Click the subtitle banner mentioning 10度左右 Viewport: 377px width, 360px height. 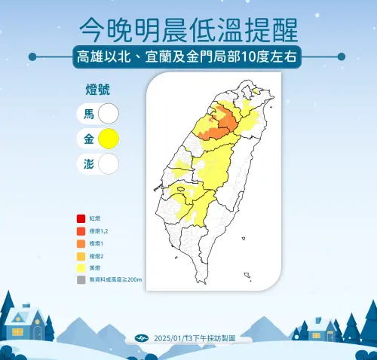pyautogui.click(x=188, y=56)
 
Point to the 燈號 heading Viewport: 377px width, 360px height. pyautogui.click(x=99, y=90)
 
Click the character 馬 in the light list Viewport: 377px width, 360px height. pyautogui.click(x=88, y=114)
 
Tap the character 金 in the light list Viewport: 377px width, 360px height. pyautogui.click(x=88, y=139)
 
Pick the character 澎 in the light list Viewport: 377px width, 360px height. pyautogui.click(x=88, y=163)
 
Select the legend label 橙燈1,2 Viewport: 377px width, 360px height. pyautogui.click(x=100, y=231)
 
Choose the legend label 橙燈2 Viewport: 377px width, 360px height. pyautogui.click(x=97, y=255)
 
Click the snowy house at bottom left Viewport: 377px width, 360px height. pyautogui.click(x=24, y=322)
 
